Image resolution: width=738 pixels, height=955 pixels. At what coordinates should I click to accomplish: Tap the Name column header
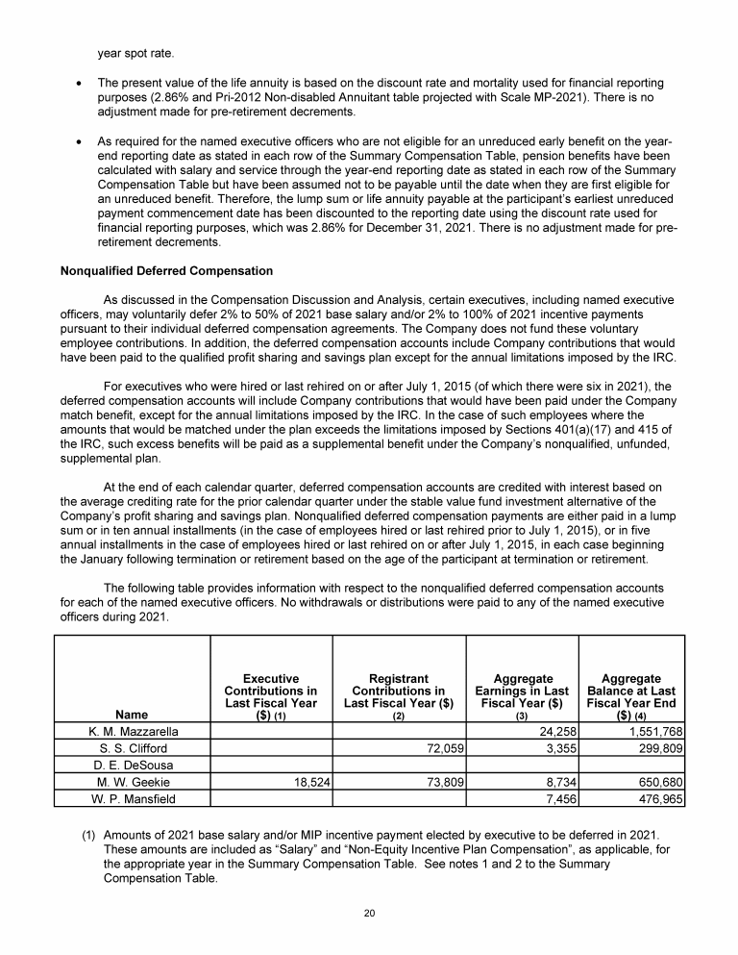point(133,715)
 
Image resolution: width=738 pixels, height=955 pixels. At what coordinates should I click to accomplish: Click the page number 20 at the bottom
point(369,912)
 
